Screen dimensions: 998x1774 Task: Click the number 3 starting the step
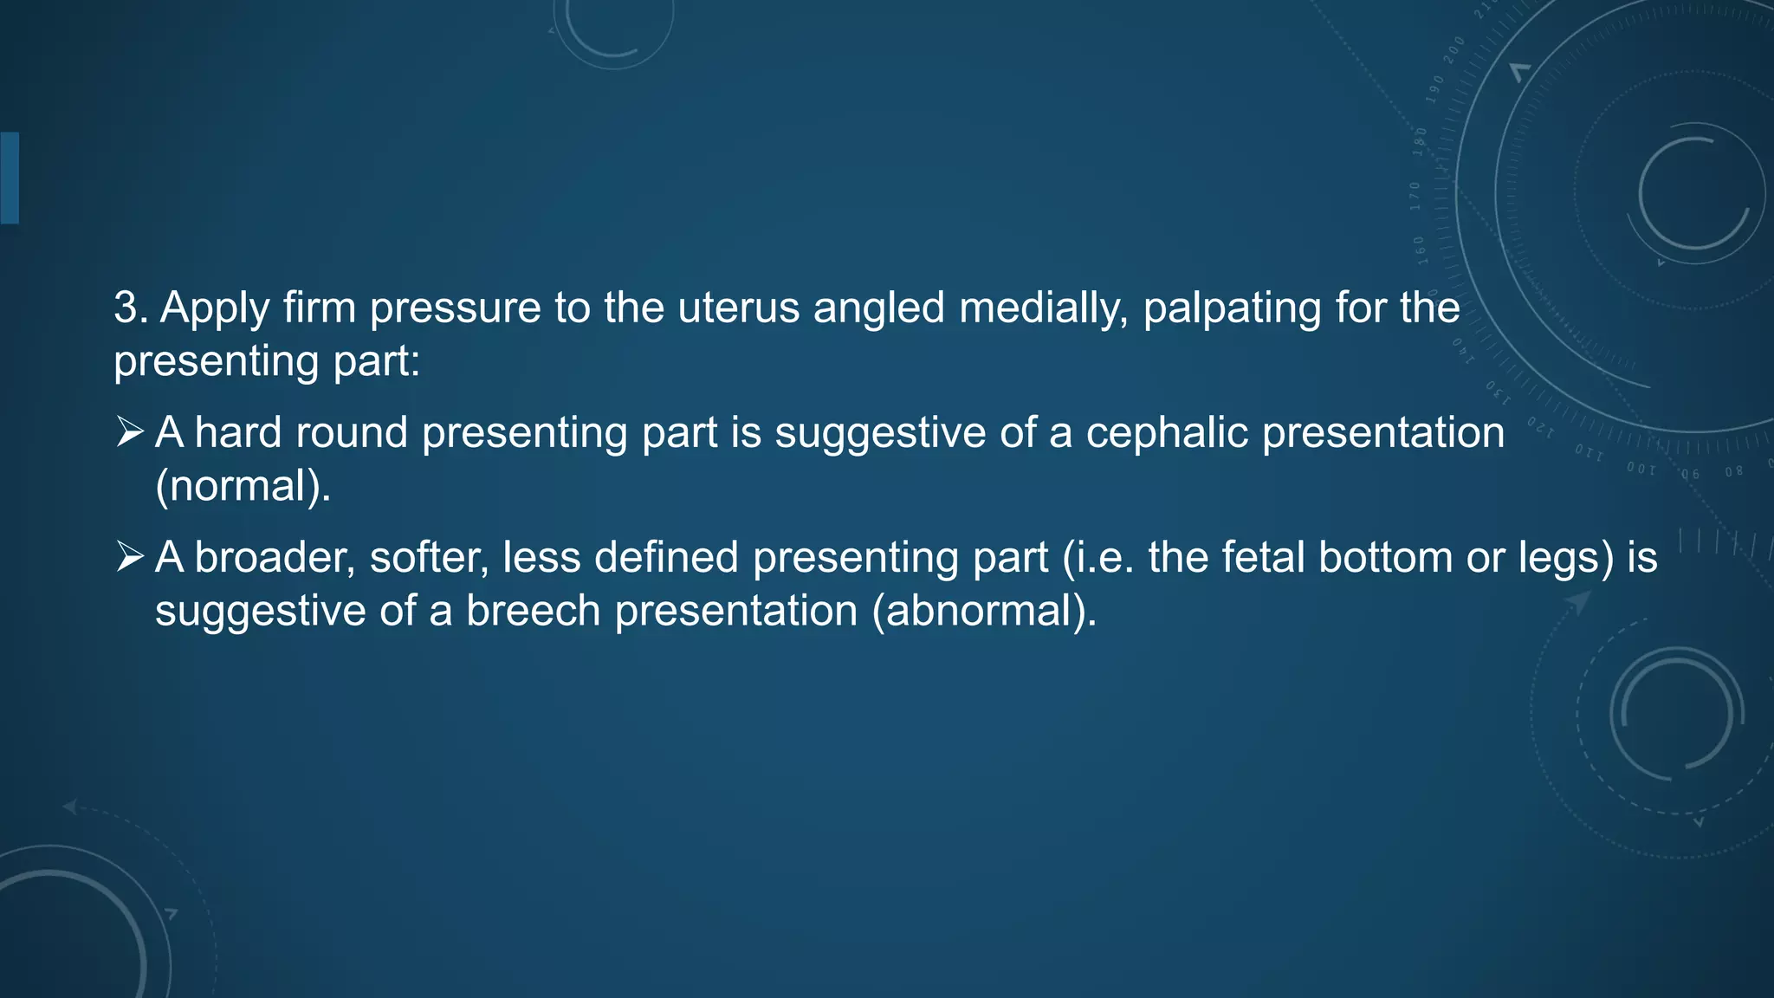point(127,308)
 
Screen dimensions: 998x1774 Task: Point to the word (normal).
point(243,486)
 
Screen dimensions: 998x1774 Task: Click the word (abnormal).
point(985,611)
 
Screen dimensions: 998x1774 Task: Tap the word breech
point(533,611)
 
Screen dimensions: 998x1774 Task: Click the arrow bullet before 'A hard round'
point(130,431)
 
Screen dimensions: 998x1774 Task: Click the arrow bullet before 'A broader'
point(130,556)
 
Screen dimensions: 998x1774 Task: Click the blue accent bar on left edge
point(10,178)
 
